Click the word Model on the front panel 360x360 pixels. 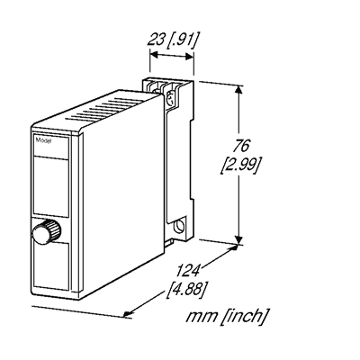point(44,141)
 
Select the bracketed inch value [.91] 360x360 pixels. point(184,39)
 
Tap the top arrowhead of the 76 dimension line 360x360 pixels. point(239,88)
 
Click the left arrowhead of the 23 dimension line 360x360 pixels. point(152,55)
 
